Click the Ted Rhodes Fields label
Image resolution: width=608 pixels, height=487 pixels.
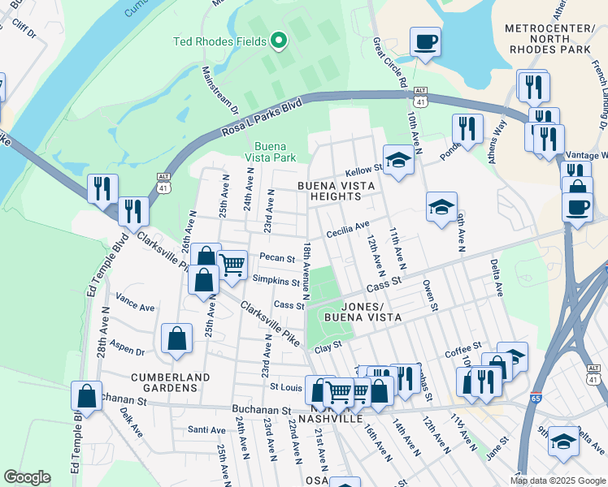tap(221, 41)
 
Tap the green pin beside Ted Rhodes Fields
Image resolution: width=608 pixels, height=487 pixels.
tap(279, 40)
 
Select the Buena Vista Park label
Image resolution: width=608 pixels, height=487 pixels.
tap(271, 153)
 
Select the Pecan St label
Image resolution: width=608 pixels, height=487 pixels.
tap(277, 258)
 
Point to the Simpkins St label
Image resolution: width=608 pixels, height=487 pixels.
tap(276, 281)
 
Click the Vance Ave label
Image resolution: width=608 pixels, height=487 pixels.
tap(135, 308)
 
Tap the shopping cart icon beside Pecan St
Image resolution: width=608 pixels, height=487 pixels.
tap(232, 263)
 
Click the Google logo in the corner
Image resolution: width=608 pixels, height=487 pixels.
tap(27, 477)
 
